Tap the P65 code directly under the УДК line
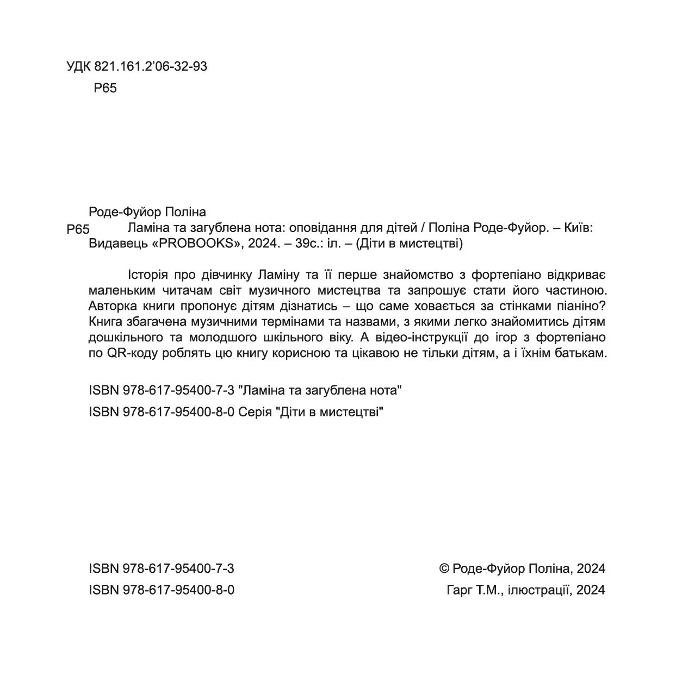click(x=105, y=88)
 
